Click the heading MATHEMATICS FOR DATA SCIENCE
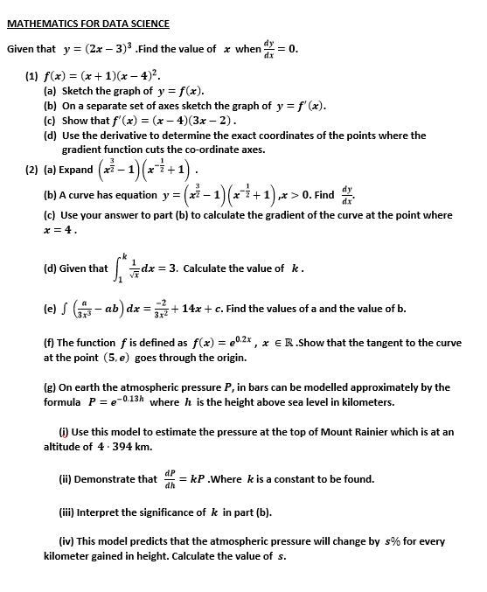[x=88, y=24]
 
